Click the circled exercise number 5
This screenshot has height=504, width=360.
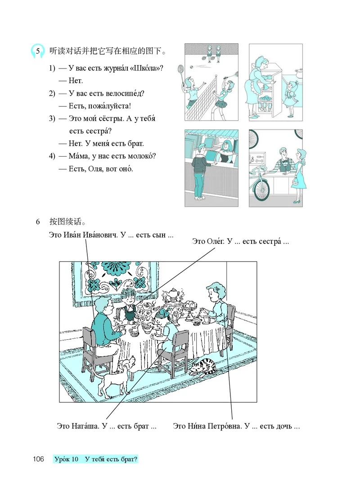pos(38,51)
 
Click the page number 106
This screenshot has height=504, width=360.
pos(38,459)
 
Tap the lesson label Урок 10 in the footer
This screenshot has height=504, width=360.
pos(66,459)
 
